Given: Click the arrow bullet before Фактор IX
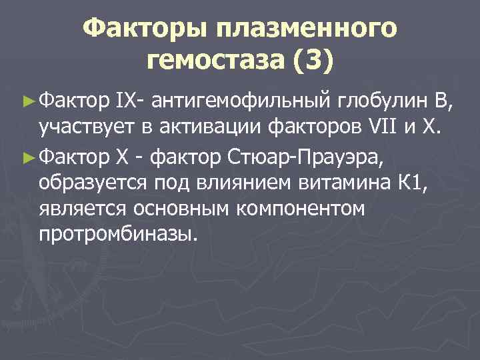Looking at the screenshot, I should [27, 101].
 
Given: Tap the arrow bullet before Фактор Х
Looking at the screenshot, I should [27, 157].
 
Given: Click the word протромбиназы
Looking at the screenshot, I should [119, 235].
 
